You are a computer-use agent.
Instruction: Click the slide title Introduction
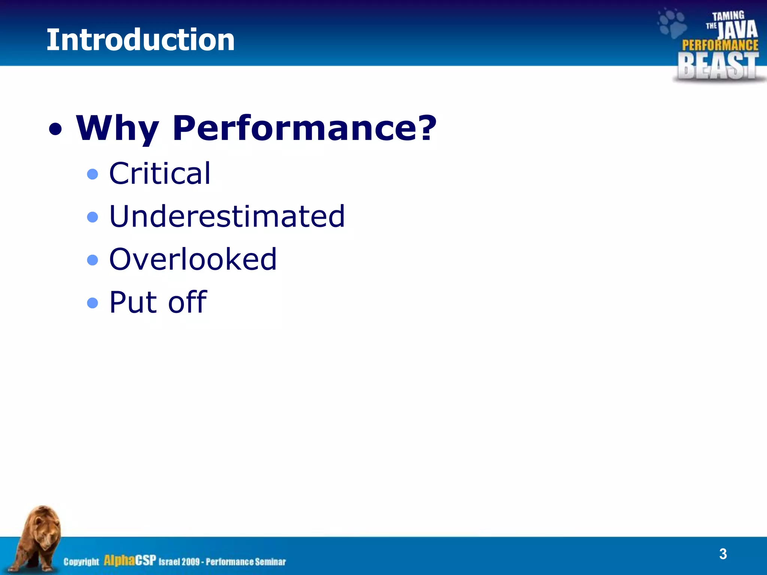click(140, 40)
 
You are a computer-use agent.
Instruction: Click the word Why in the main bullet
click(117, 128)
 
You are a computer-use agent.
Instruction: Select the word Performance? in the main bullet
click(304, 128)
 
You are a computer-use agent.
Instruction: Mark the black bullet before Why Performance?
click(55, 130)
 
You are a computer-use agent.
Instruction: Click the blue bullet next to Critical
click(93, 174)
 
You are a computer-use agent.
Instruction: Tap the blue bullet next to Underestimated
click(93, 217)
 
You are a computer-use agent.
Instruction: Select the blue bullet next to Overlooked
click(93, 260)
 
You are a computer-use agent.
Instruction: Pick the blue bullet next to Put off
click(93, 302)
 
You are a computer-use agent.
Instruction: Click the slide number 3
click(723, 554)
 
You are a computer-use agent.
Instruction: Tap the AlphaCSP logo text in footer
click(130, 560)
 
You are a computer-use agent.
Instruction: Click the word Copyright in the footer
click(81, 562)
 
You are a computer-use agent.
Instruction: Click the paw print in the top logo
click(672, 23)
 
